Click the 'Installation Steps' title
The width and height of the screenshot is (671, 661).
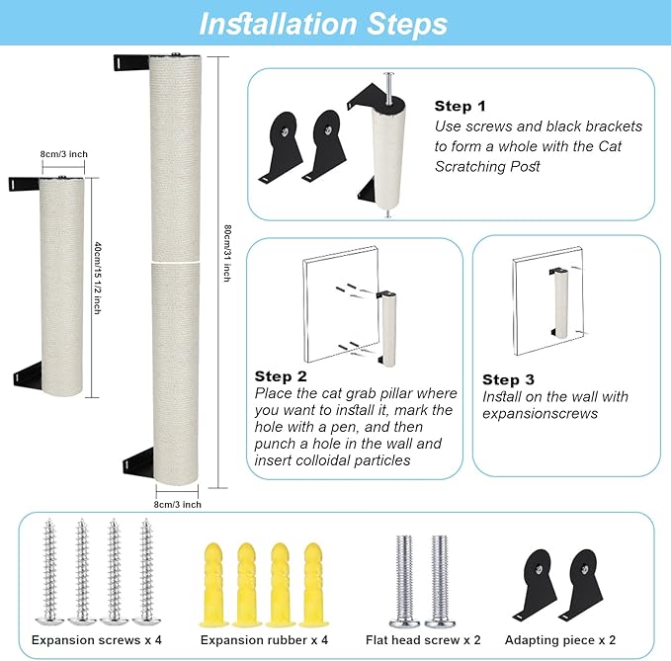point(323,24)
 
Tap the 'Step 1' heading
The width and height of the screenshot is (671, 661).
point(461,106)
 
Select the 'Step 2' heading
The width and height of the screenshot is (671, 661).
point(281,376)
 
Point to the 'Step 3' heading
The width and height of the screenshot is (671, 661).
point(508,379)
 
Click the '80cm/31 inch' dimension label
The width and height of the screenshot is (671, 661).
point(227,253)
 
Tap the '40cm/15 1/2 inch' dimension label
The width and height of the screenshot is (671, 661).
point(98,278)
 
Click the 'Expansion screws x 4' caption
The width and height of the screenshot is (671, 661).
point(97,640)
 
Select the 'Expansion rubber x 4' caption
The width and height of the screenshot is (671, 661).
point(264,640)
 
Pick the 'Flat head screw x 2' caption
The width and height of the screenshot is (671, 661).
point(423,640)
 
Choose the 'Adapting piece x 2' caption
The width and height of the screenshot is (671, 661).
point(560,640)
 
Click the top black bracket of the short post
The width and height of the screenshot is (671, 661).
point(25,185)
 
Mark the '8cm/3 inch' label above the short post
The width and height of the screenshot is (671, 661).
point(64,154)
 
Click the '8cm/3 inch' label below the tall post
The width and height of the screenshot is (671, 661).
point(178,505)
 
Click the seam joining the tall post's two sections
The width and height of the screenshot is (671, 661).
point(176,261)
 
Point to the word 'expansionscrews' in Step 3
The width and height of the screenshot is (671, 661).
point(540,414)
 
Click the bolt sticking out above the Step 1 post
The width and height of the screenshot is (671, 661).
point(388,88)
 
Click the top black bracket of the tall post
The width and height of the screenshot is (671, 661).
point(131,62)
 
